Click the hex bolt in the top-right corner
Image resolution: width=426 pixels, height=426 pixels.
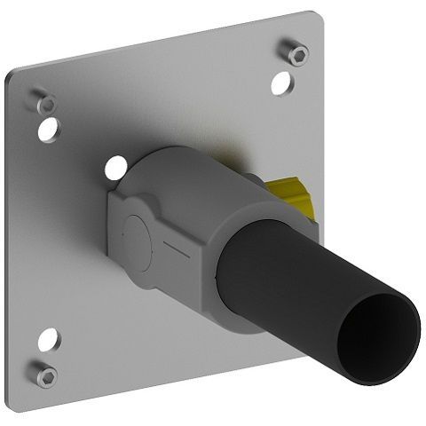pyautogui.click(x=298, y=53)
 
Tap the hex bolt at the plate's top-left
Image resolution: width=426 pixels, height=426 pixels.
pyautogui.click(x=46, y=103)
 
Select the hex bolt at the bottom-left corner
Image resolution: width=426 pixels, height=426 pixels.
pyautogui.click(x=47, y=375)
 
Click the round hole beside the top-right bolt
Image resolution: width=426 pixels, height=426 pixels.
pyautogui.click(x=281, y=83)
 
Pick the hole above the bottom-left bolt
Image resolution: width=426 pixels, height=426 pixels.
pyautogui.click(x=48, y=339)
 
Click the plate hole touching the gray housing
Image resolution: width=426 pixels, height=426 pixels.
pyautogui.click(x=115, y=166)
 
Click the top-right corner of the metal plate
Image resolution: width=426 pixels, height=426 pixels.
pyautogui.click(x=316, y=16)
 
